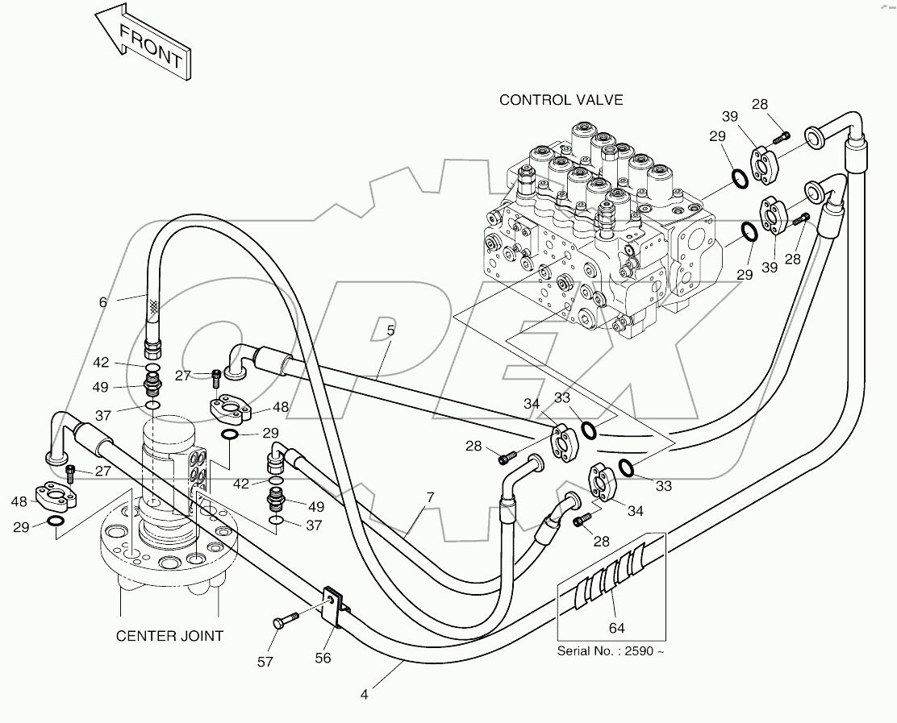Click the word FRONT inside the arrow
[x=151, y=46]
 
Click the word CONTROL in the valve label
[x=534, y=100]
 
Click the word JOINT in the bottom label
[x=201, y=636]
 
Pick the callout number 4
[x=365, y=693]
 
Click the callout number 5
[x=390, y=330]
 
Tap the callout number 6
[x=102, y=302]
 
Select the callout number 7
[x=430, y=497]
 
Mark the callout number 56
[x=323, y=658]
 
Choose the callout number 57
[x=265, y=662]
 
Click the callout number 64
[x=617, y=627]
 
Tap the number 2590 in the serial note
[x=636, y=651]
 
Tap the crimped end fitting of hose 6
[x=152, y=346]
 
